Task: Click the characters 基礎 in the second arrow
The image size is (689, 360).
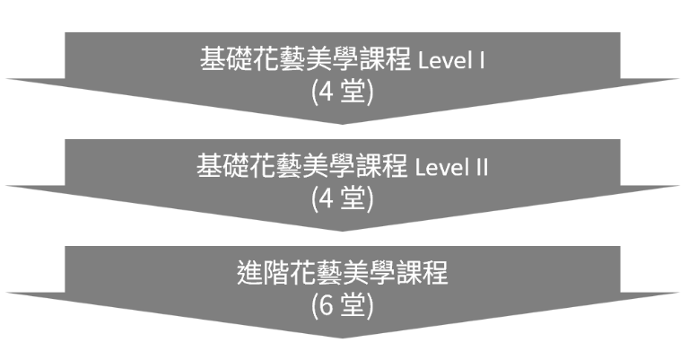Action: [222, 167]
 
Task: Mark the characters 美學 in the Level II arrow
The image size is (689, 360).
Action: [332, 167]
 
